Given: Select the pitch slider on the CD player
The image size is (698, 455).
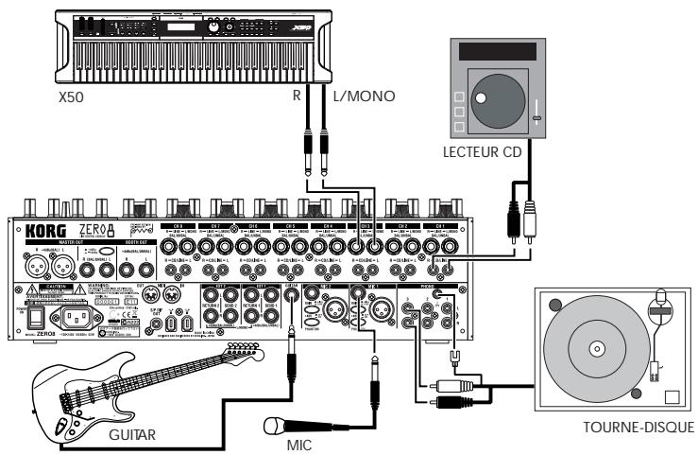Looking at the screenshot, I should [x=536, y=116].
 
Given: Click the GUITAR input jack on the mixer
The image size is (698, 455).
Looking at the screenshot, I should [x=292, y=294].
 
